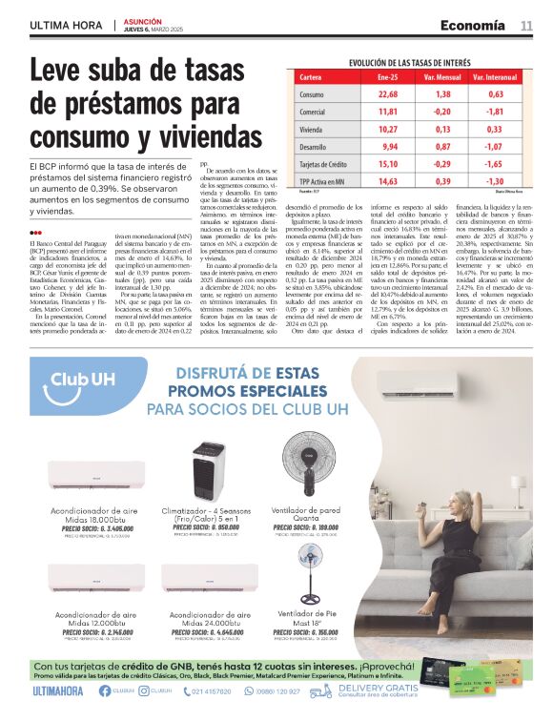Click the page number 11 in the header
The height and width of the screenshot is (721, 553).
pos(526,25)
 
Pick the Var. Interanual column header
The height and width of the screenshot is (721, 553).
pos(495,76)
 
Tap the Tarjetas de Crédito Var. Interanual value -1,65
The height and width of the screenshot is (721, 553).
pos(495,164)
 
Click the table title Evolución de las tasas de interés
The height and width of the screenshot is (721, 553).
pos(411,62)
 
